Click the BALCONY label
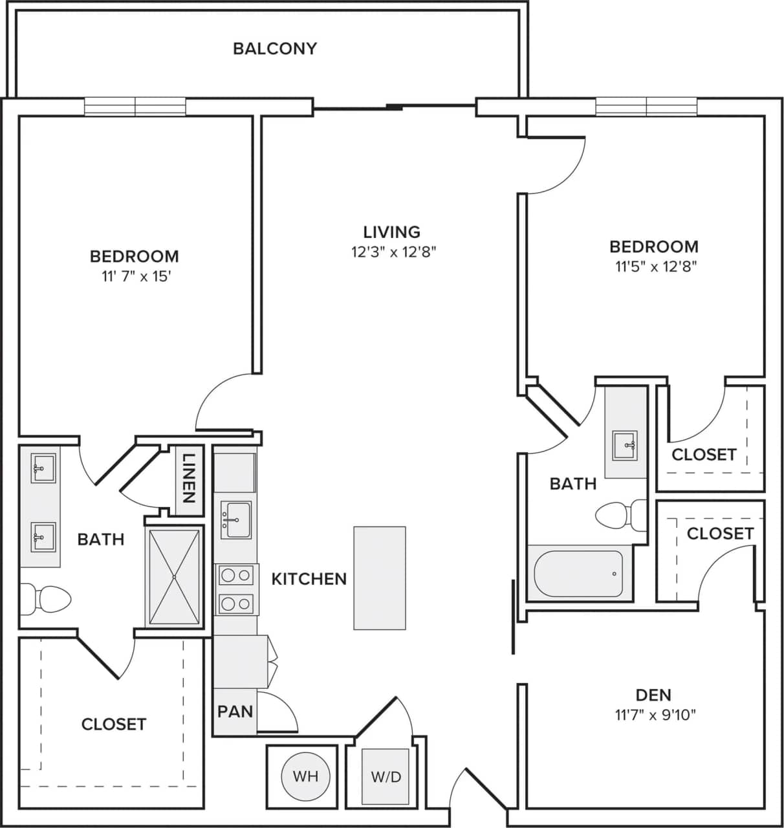point(275,49)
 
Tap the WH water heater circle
point(305,776)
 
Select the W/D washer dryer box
point(386,776)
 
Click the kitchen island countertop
point(380,578)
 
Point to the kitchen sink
point(235,519)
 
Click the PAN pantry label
point(235,712)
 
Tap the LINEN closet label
point(188,479)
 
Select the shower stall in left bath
point(174,576)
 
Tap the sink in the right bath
point(625,445)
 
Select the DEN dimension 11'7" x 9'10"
point(655,715)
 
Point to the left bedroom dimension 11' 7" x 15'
point(135,277)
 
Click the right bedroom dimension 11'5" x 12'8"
point(653,266)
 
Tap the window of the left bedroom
point(135,107)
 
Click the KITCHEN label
point(309,579)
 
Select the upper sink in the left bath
point(43,468)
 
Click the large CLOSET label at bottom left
point(114,724)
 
